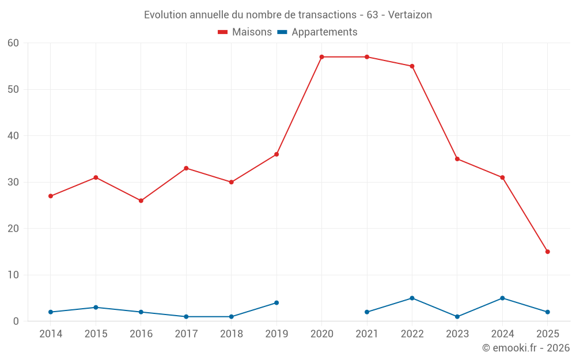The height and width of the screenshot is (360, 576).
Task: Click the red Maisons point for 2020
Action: (321, 57)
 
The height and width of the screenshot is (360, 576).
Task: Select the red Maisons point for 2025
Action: (548, 252)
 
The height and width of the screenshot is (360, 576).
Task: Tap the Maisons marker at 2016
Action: (141, 200)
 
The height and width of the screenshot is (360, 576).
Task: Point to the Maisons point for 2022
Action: (412, 66)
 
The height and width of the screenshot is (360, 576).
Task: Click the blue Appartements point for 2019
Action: (276, 302)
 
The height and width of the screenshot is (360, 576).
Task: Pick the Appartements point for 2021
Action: (367, 312)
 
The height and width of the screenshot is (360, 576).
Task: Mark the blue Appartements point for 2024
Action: (502, 298)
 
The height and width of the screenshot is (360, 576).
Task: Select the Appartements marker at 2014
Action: (51, 312)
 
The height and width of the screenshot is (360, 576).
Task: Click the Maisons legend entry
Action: (245, 32)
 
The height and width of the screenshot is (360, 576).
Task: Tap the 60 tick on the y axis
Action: (13, 43)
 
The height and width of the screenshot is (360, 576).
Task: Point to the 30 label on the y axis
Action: (13, 182)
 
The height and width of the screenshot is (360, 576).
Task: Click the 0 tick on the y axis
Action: (16, 321)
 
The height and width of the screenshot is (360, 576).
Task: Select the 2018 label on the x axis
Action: (232, 334)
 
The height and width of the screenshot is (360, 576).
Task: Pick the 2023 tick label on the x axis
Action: (457, 334)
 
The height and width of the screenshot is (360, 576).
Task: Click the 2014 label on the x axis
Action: (51, 334)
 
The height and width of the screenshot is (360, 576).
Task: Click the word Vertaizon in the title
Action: (410, 15)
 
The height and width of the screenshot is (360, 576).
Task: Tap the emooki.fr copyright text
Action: (525, 348)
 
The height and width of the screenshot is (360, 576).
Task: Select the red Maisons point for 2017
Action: (186, 168)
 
